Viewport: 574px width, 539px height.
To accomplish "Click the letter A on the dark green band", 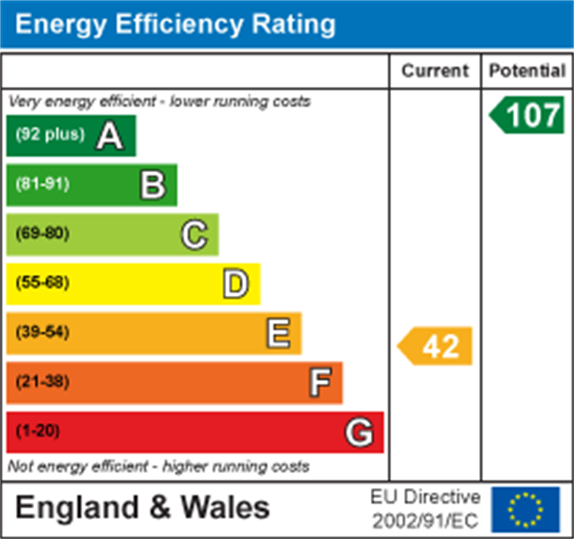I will click(110, 135).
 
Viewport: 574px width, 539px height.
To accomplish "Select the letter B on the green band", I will click(152, 185).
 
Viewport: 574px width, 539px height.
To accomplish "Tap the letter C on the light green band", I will click(194, 234).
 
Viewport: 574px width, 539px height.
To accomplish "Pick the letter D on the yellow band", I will click(236, 284).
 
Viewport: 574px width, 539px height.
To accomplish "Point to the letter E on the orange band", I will click(278, 333).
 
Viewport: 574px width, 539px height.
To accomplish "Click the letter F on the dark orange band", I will click(319, 382).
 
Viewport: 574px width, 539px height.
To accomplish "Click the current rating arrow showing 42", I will click(436, 345).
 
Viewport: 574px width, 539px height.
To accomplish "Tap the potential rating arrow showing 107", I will click(527, 115).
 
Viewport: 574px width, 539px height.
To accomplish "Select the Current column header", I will click(435, 71).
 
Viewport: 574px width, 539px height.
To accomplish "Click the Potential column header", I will click(527, 71).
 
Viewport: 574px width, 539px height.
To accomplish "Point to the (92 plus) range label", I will click(50, 135).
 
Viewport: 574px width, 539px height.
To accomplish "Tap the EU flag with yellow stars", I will click(525, 509).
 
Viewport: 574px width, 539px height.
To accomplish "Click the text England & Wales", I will click(143, 508).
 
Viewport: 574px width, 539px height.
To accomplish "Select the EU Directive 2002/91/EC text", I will click(425, 509).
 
